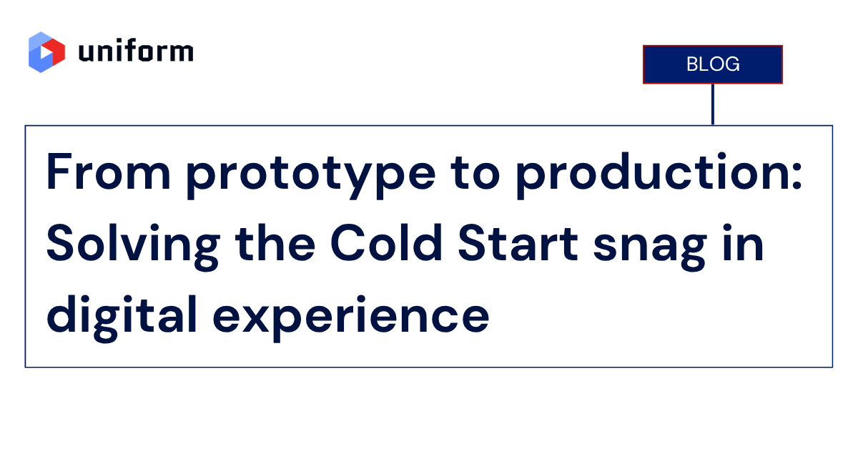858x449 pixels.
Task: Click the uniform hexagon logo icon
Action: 46,52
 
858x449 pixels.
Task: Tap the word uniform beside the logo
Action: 135,52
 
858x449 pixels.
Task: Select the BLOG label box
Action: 713,64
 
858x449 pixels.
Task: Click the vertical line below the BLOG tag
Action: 713,104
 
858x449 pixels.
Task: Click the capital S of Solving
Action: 61,243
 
